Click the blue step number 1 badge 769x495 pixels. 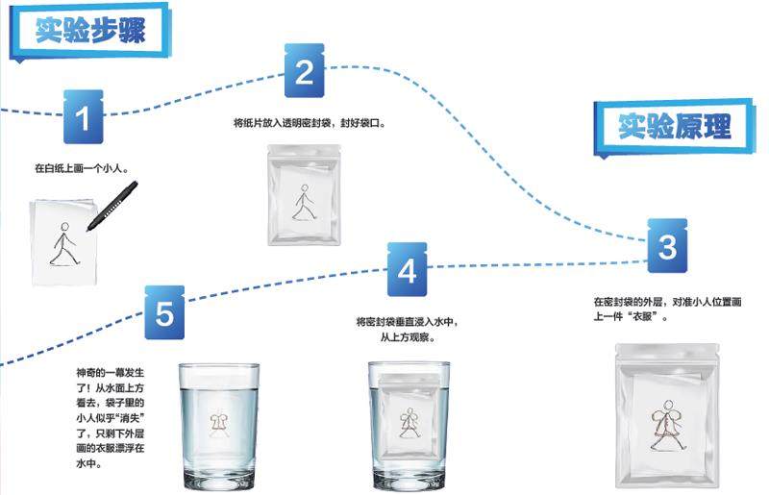(84, 116)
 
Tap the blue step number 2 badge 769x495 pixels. (304, 71)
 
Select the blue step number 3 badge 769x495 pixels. (667, 246)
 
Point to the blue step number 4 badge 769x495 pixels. (407, 269)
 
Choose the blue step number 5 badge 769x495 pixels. (164, 312)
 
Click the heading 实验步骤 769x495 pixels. (90, 31)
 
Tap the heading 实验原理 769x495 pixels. (675, 127)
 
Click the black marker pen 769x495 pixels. (112, 206)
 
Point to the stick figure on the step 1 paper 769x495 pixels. (63, 243)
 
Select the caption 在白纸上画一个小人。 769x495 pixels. (82, 169)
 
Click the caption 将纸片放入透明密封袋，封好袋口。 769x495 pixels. (310, 123)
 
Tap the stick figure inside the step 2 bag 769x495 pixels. (303, 203)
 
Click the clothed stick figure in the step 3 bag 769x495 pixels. (667, 425)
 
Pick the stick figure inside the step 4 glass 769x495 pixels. (409, 423)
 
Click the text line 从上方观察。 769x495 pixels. (408, 337)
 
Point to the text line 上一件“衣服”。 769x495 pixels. (632, 317)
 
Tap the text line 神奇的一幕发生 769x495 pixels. (110, 373)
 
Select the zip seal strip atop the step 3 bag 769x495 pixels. (667, 351)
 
